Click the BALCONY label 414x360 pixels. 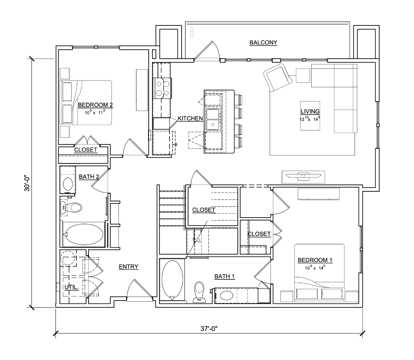click(263, 42)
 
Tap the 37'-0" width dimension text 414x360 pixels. click(209, 328)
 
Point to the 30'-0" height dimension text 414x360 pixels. click(27, 183)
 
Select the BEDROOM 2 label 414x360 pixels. click(95, 105)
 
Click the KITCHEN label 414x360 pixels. click(190, 119)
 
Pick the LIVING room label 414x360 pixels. click(310, 111)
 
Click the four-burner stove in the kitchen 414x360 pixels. click(163, 89)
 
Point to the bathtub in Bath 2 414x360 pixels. click(84, 234)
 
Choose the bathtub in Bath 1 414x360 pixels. click(172, 280)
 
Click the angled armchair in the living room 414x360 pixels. click(277, 77)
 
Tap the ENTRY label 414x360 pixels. click(128, 267)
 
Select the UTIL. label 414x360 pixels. click(72, 287)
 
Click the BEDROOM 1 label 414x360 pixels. click(315, 260)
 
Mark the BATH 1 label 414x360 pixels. click(224, 276)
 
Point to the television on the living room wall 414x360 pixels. click(303, 177)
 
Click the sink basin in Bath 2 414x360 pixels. click(68, 184)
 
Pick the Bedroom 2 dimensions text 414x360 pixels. click(95, 112)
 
